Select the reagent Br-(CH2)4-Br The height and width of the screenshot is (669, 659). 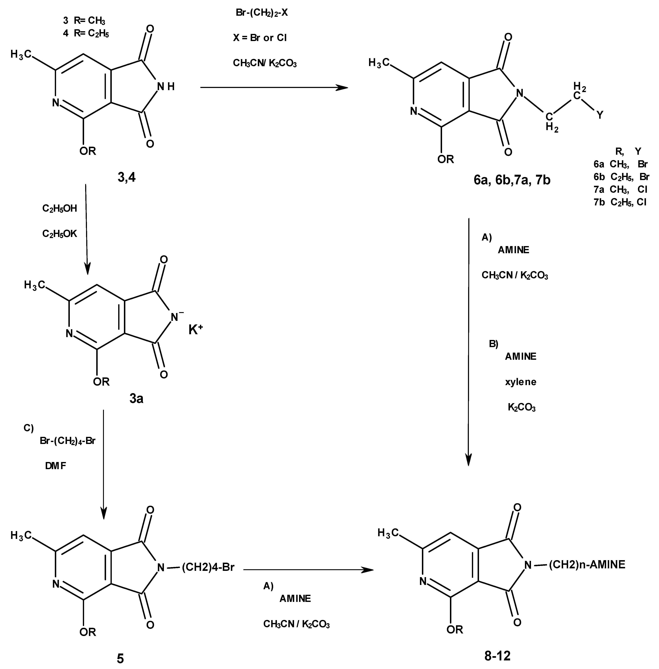pyautogui.click(x=67, y=441)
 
